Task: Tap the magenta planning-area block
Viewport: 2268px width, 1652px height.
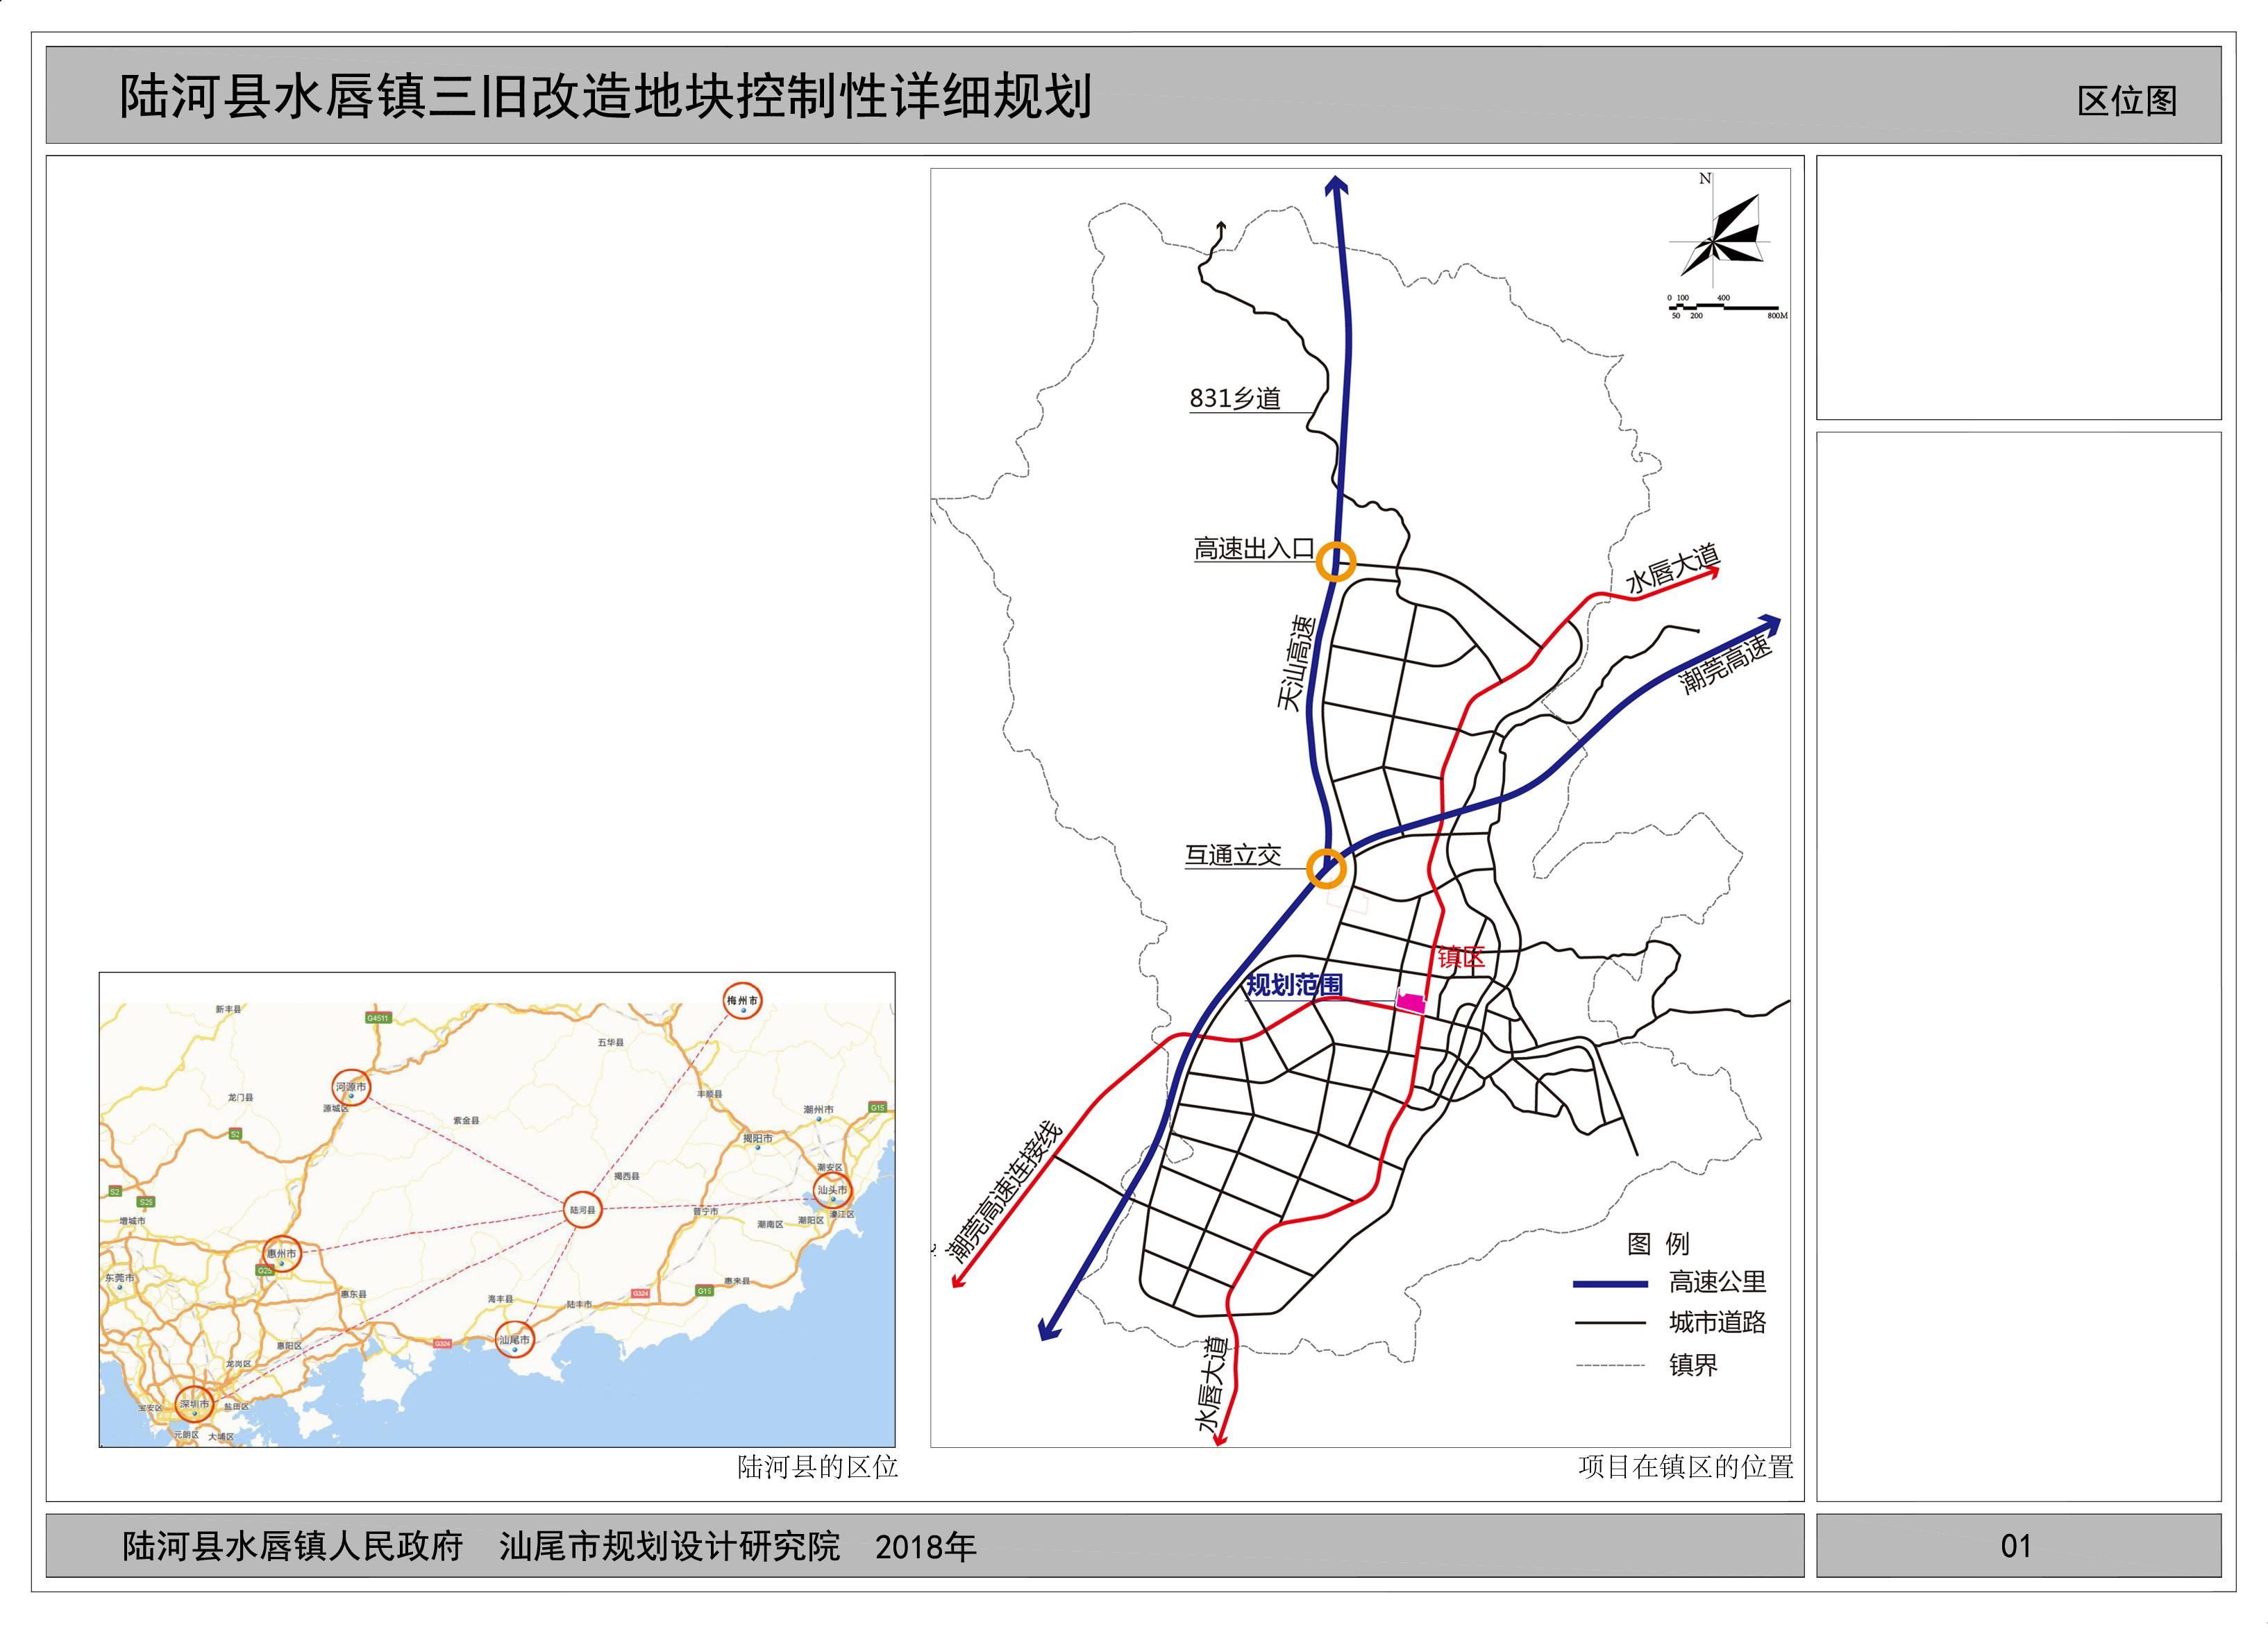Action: click(x=1411, y=1002)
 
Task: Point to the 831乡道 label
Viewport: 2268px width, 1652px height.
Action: click(x=1235, y=398)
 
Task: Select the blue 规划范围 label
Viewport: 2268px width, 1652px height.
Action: click(x=1293, y=985)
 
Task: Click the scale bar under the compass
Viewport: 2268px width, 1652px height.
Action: click(x=1725, y=307)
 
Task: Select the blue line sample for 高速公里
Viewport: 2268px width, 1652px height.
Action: click(x=1610, y=1283)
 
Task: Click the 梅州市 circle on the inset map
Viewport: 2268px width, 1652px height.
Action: click(x=742, y=1000)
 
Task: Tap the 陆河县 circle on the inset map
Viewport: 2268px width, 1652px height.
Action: click(x=582, y=1209)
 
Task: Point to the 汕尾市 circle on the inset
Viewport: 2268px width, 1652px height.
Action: click(x=515, y=1339)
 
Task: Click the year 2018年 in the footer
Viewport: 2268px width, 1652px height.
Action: click(x=925, y=1547)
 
